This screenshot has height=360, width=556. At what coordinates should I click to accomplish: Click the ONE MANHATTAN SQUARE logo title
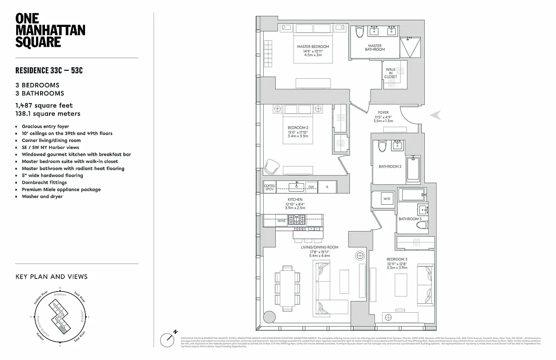[x=50, y=30]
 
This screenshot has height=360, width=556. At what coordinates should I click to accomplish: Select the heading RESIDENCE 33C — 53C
[x=49, y=71]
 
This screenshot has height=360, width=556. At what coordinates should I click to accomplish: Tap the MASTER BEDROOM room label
[x=313, y=47]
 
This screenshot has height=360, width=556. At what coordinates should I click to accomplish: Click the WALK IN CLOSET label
[x=390, y=73]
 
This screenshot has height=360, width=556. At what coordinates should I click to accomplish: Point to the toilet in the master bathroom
[x=359, y=32]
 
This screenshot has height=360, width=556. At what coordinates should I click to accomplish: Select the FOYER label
[x=383, y=112]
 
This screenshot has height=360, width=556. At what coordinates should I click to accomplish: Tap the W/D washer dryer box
[x=386, y=198]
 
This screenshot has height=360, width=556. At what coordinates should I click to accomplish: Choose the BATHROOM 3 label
[x=409, y=219]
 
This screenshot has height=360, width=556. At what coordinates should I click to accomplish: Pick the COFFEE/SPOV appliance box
[x=269, y=187]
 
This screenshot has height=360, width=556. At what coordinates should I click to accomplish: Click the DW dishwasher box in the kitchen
[x=311, y=187]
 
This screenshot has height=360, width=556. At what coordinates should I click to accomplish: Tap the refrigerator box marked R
[x=327, y=187]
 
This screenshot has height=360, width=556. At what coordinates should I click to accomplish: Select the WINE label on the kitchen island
[x=281, y=221]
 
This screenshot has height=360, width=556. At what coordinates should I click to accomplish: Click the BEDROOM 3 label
[x=397, y=259]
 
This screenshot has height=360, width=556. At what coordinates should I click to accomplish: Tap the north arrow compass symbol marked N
[x=170, y=338]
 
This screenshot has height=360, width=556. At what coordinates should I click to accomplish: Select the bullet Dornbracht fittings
[x=44, y=182]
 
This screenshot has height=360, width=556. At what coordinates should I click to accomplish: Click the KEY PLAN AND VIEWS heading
[x=51, y=277]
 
